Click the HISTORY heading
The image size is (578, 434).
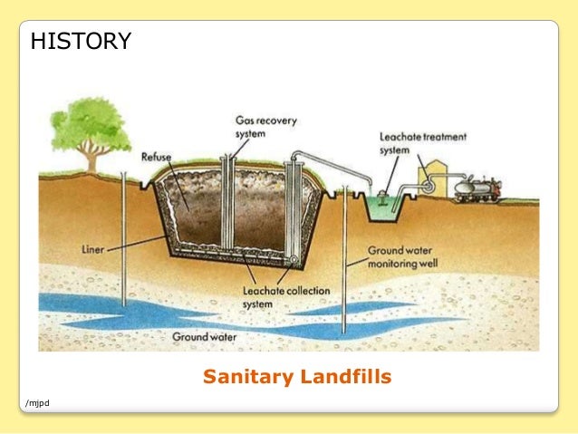click(82, 41)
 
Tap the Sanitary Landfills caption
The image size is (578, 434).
click(297, 376)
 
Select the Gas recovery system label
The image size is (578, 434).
click(266, 126)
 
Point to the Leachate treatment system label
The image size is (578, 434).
click(423, 143)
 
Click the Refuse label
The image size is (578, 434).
click(157, 157)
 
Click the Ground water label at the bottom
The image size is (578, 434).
click(205, 336)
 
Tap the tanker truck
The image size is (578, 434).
click(477, 188)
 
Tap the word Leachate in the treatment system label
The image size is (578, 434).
click(400, 137)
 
